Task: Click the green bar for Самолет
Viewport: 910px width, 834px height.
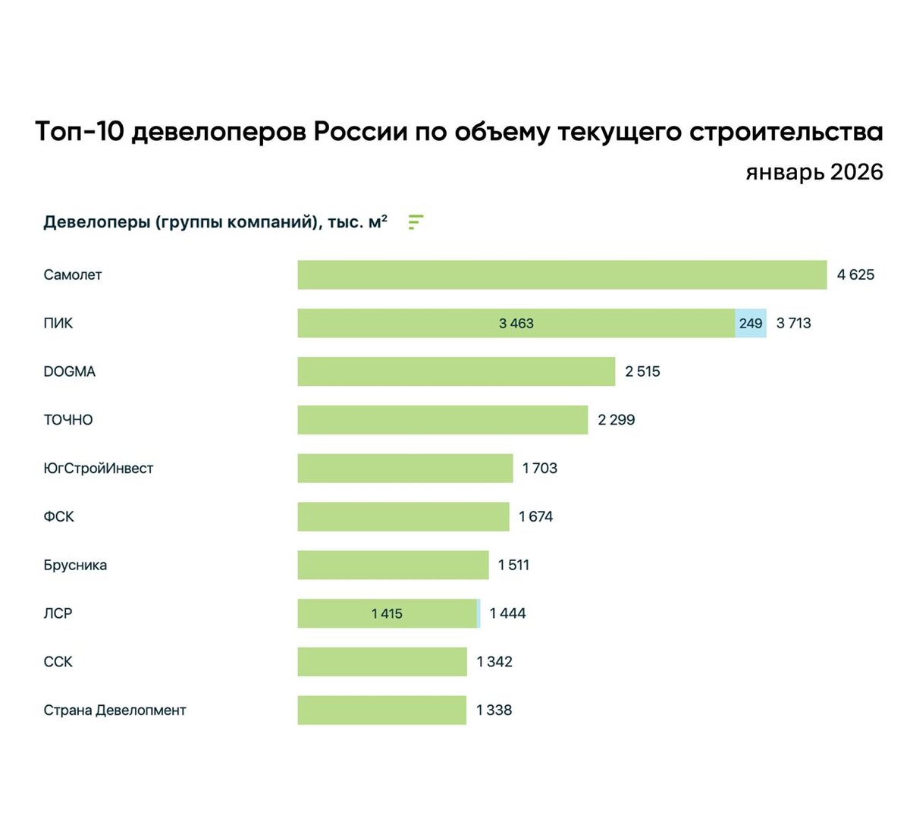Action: point(561,274)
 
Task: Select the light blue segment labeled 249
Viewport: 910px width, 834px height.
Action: point(750,323)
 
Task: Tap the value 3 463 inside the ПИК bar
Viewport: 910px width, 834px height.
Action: point(516,323)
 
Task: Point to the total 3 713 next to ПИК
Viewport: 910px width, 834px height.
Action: point(793,323)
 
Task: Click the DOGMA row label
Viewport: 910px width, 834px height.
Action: point(70,372)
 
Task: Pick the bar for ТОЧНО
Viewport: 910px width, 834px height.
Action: point(442,420)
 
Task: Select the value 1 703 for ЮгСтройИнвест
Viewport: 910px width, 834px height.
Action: point(539,469)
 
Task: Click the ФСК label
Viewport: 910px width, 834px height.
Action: point(58,517)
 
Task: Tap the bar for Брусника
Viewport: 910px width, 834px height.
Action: point(393,565)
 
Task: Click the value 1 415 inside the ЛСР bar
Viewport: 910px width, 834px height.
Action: point(387,613)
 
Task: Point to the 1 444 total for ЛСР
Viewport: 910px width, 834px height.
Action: point(507,613)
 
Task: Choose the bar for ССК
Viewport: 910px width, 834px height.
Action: point(381,662)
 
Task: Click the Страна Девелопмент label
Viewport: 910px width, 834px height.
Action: point(115,710)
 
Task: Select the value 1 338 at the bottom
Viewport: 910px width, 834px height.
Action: point(494,710)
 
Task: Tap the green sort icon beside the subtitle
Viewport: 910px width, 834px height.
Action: point(415,222)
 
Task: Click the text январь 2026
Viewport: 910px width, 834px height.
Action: point(814,171)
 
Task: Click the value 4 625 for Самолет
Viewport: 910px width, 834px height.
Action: point(855,274)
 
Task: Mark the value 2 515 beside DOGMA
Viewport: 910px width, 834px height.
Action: point(642,372)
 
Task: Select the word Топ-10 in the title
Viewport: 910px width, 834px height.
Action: point(80,132)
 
